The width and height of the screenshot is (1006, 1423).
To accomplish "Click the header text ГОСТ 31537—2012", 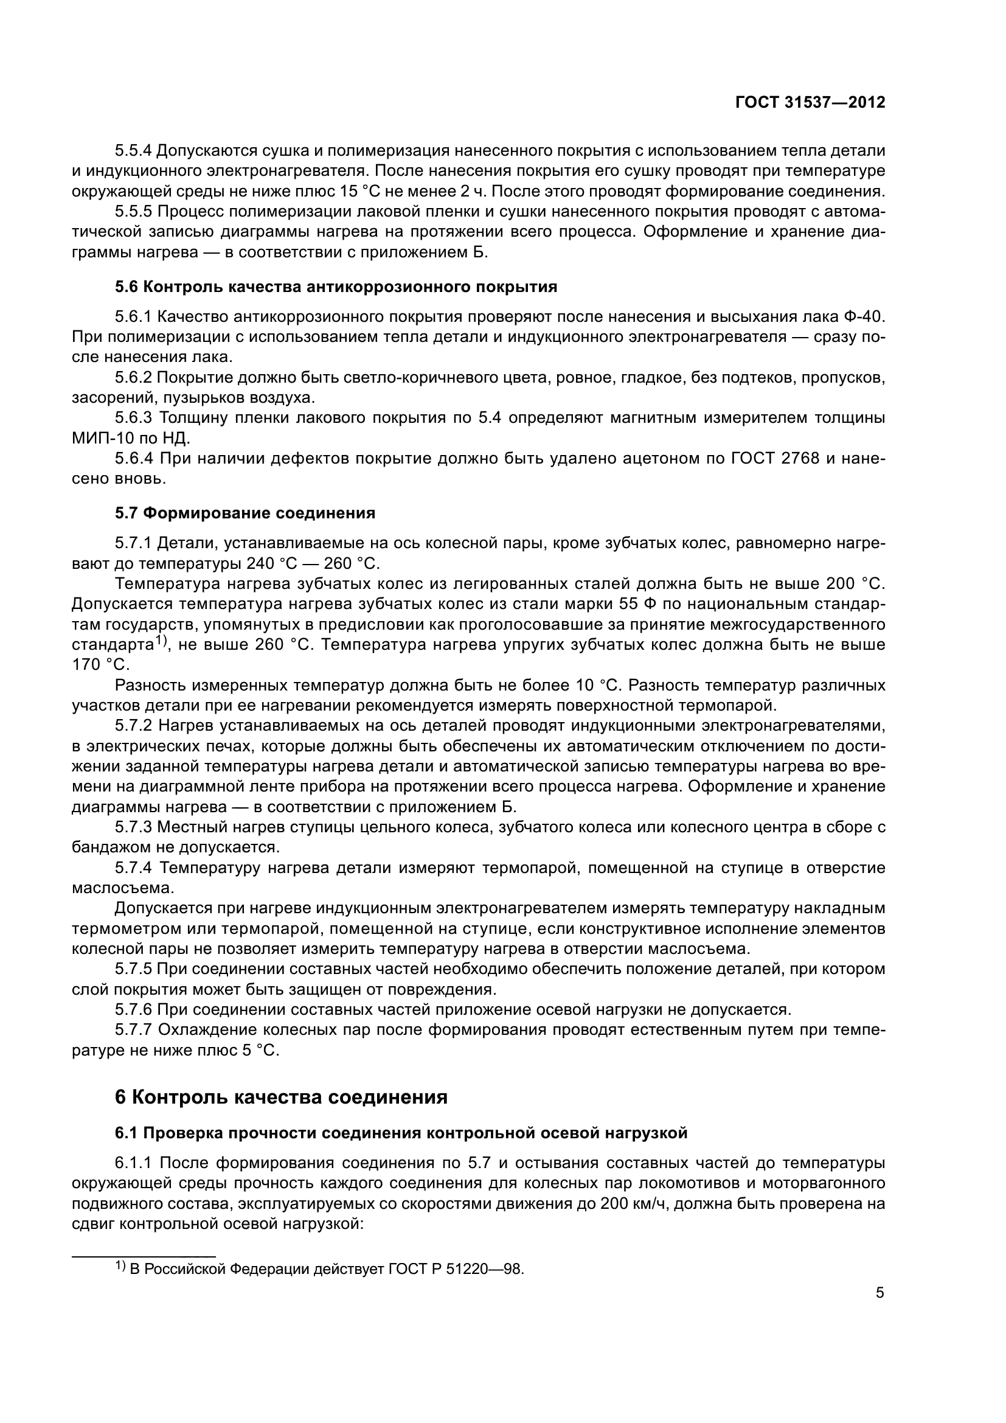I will [x=810, y=102].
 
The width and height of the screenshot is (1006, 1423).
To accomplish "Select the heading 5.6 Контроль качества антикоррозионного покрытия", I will [x=336, y=287].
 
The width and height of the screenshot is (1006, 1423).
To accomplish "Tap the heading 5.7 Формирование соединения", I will [x=245, y=513].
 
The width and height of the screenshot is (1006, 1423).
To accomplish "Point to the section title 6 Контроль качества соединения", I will [x=280, y=1097].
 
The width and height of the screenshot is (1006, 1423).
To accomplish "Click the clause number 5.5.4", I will [x=133, y=151].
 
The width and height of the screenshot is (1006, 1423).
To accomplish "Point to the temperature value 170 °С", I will [x=100, y=664].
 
